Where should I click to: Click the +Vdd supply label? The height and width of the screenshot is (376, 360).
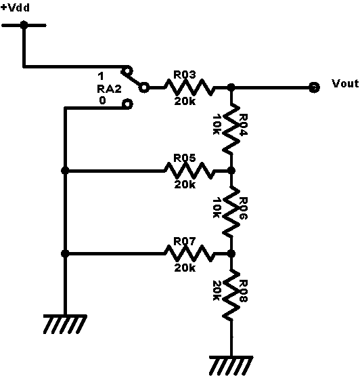tap(15, 7)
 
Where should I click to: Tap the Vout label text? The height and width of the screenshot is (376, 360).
tap(345, 83)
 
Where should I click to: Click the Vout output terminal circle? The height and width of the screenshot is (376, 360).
tap(314, 87)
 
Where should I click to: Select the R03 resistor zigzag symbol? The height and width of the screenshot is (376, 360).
tap(189, 87)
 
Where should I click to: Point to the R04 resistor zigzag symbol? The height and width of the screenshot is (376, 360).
tap(231, 129)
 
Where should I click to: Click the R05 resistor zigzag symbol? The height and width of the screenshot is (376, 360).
tap(189, 171)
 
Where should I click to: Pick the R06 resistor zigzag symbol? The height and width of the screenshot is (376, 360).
tap(231, 211)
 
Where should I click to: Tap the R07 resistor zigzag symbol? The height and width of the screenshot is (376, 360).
tap(189, 253)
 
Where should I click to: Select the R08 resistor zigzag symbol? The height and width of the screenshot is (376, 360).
tap(231, 295)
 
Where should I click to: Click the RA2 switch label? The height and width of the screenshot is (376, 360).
tap(109, 89)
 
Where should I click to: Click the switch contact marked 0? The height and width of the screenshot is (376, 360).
tap(127, 104)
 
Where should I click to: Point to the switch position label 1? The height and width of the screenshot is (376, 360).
tap(101, 77)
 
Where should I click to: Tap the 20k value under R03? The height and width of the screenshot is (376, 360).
tap(185, 101)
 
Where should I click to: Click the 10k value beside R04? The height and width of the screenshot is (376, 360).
tap(217, 125)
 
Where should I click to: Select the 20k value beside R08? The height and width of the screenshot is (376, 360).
tap(217, 291)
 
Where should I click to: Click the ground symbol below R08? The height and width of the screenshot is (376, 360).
tap(231, 366)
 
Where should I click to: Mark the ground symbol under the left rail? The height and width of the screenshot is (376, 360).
tap(65, 325)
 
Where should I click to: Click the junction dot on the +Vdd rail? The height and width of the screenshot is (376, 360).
tap(24, 25)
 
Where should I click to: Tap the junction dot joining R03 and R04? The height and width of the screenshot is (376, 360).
tap(231, 87)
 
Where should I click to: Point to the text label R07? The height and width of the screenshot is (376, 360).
tap(185, 241)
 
